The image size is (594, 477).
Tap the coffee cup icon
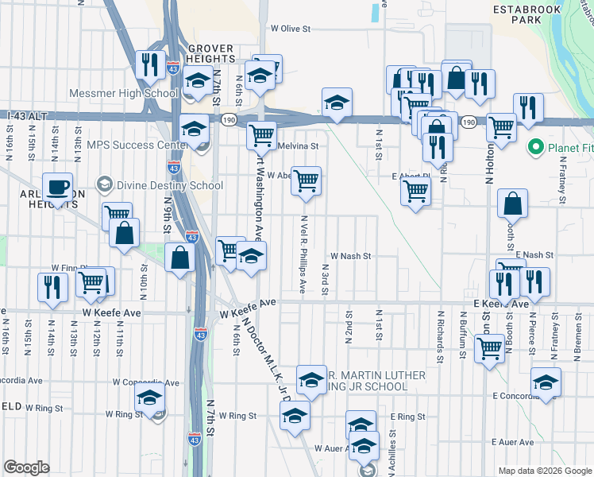tap(57, 188)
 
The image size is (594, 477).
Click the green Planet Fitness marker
tap(534, 147)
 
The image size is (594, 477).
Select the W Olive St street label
tap(289, 28)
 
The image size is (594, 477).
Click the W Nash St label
tap(351, 256)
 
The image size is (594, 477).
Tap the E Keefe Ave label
tap(500, 304)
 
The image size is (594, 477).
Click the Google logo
tap(26, 467)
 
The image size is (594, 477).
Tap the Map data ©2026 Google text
tap(544, 471)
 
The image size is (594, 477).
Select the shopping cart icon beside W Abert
tap(306, 180)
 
